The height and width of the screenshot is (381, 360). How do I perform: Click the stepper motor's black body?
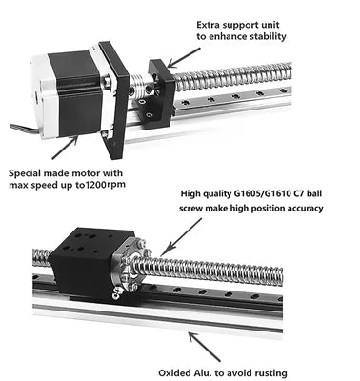(x=74, y=95)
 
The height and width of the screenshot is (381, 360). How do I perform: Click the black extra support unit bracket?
(x=159, y=94)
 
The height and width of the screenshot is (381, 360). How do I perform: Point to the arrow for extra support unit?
(x=184, y=58)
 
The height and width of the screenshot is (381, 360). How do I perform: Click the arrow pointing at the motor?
(x=65, y=147)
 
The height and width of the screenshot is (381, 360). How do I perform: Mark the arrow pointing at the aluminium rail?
(x=204, y=347)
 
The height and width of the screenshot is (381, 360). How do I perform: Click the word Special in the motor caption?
(x=25, y=173)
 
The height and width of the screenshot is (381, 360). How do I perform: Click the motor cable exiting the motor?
(x=26, y=130)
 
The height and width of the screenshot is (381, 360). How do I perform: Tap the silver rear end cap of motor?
(x=40, y=95)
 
